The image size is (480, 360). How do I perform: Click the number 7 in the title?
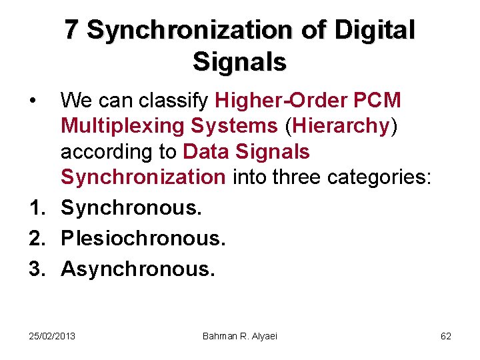[72, 30]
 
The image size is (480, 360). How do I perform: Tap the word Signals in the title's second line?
[239, 62]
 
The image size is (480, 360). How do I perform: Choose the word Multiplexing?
[117, 126]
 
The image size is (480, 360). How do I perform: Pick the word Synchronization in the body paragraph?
[143, 177]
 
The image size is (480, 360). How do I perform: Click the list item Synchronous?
[131, 207]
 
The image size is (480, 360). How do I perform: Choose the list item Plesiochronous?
[143, 238]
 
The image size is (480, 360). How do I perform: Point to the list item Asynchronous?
[138, 269]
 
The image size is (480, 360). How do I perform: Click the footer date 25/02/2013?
[52, 336]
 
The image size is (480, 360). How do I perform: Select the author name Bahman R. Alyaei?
[239, 336]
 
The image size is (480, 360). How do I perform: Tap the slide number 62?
[446, 336]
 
